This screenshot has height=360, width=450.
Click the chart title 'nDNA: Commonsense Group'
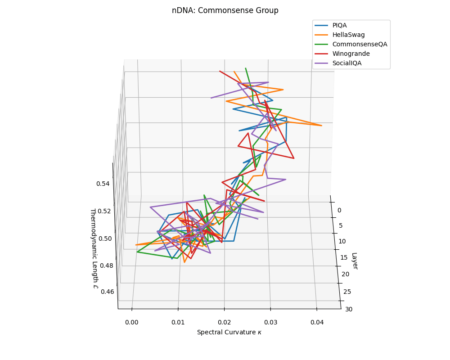click(225, 10)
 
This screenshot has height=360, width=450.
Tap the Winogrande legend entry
click(351, 54)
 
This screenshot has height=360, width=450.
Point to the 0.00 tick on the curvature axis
click(132, 322)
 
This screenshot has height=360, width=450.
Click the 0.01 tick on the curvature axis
click(178, 322)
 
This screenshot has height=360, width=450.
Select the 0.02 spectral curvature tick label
click(224, 322)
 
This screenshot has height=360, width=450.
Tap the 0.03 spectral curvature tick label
click(270, 322)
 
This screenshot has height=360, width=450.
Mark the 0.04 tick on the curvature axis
click(317, 322)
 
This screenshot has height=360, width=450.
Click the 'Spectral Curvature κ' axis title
click(229, 332)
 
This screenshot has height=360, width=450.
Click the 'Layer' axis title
click(355, 261)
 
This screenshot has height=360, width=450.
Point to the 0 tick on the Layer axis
click(339, 210)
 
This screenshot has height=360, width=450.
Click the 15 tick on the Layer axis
click(344, 257)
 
